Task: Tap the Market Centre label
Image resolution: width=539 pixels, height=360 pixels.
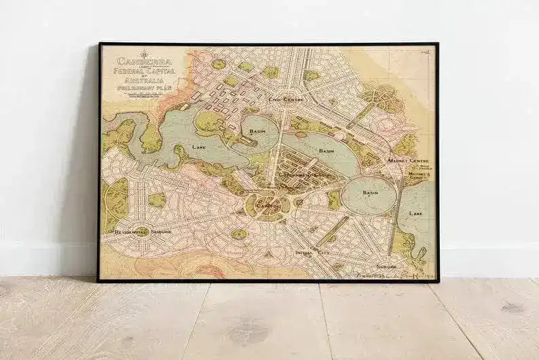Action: pos(412,160)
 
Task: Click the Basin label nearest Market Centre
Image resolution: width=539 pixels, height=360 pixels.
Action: pos(371,193)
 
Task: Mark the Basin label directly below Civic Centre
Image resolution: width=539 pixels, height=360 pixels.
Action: pos(258,130)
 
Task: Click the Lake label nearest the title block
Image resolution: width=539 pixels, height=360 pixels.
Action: pos(200,147)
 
